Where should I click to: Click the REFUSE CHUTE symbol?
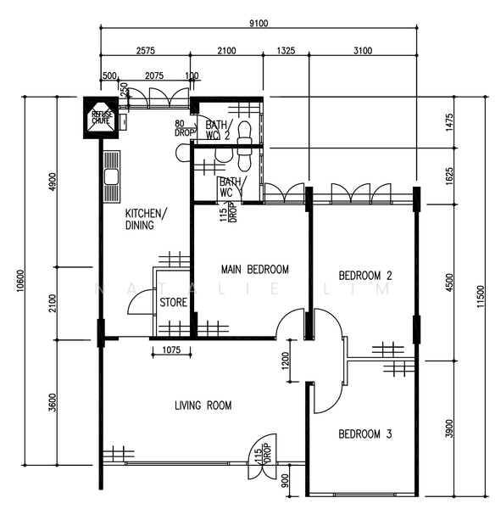102,118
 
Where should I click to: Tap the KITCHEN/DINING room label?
147,219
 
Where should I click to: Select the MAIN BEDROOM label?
254,270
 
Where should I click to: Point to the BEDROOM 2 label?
364,276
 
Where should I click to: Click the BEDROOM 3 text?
364,434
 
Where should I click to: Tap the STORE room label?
173,301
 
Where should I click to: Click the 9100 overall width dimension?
258,23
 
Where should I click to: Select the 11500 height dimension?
481,298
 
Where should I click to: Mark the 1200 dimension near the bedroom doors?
287,364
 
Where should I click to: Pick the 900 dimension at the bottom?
285,480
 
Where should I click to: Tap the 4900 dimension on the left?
52,182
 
